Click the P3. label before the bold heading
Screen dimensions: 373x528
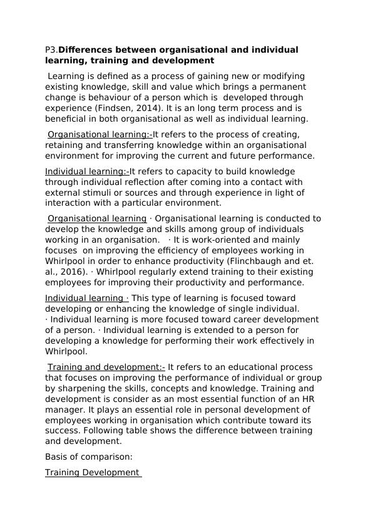coord(51,50)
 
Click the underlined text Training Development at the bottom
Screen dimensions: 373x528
coord(92,473)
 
